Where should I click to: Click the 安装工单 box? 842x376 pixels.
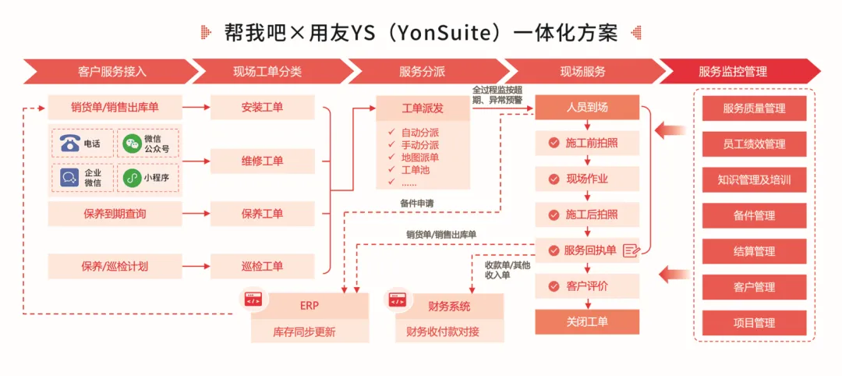[x=262, y=107]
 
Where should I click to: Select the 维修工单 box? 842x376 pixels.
[x=262, y=161]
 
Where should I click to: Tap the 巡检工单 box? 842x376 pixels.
[x=262, y=266]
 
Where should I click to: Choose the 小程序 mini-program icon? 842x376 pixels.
[x=133, y=178]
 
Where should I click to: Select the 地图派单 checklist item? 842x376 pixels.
[x=419, y=157]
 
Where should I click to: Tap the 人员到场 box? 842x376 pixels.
[x=586, y=108]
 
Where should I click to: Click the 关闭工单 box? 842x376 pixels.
[x=586, y=321]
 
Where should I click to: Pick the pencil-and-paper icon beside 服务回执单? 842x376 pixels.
[x=631, y=250]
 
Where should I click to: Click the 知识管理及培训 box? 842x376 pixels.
[x=754, y=179]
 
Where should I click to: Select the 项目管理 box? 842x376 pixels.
[x=754, y=322]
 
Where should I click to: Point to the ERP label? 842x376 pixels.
[x=310, y=305]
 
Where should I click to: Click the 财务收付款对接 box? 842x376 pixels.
[x=449, y=332]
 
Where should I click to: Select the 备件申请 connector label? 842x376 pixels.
[x=416, y=204]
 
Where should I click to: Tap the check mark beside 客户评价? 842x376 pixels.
[x=554, y=286]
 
